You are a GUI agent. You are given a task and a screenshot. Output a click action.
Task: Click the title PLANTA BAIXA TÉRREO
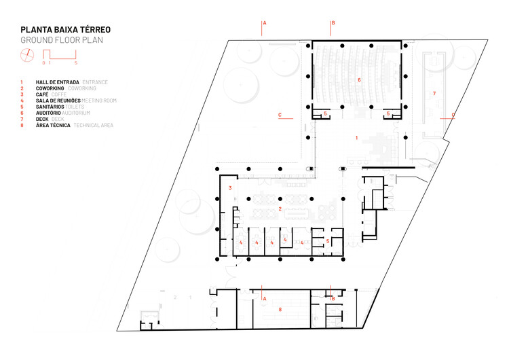point(65,30)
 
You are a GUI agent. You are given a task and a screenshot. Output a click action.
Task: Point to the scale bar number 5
point(76,63)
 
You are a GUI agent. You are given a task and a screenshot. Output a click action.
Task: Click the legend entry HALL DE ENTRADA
point(58,82)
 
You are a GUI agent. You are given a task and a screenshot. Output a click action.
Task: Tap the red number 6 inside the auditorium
point(359,80)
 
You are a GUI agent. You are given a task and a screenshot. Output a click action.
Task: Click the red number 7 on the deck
point(434,92)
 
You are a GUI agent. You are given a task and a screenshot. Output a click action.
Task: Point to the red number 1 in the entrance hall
point(356,138)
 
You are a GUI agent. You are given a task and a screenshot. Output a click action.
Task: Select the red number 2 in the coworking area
point(280,209)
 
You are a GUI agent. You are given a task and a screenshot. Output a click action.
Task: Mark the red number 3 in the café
point(230,187)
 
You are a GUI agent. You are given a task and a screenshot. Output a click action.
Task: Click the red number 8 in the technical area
point(279,309)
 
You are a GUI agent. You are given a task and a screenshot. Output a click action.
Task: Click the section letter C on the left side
point(280,115)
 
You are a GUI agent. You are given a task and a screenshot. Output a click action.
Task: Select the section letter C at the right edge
point(453,114)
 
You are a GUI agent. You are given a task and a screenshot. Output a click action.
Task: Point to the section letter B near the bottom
point(333,298)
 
